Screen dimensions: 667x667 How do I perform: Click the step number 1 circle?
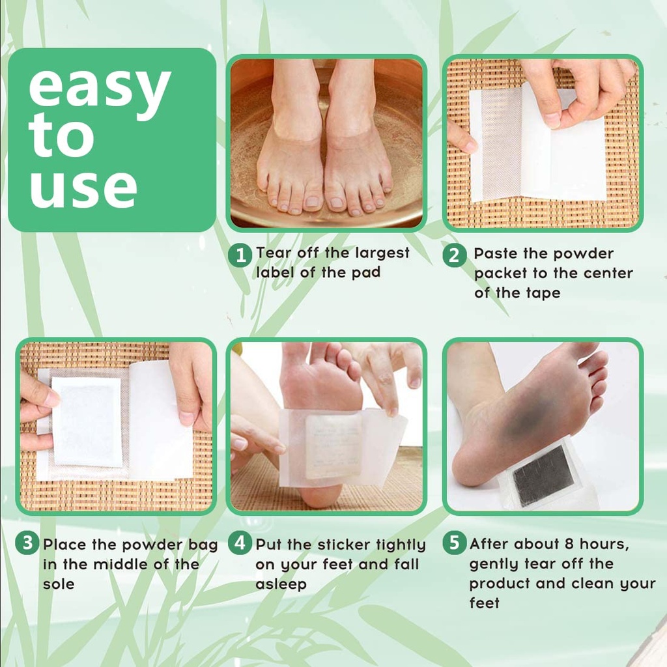coord(240,255)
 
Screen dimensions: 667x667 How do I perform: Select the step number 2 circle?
coord(454,255)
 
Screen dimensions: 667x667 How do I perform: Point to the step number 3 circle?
coord(27,543)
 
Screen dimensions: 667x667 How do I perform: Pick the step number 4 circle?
coord(240,543)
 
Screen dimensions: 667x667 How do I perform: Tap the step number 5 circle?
coord(454,543)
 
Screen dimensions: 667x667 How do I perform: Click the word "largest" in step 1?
coord(381,253)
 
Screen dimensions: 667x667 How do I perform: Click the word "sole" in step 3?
coord(59,584)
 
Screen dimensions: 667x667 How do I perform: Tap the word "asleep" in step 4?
coord(281,584)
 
